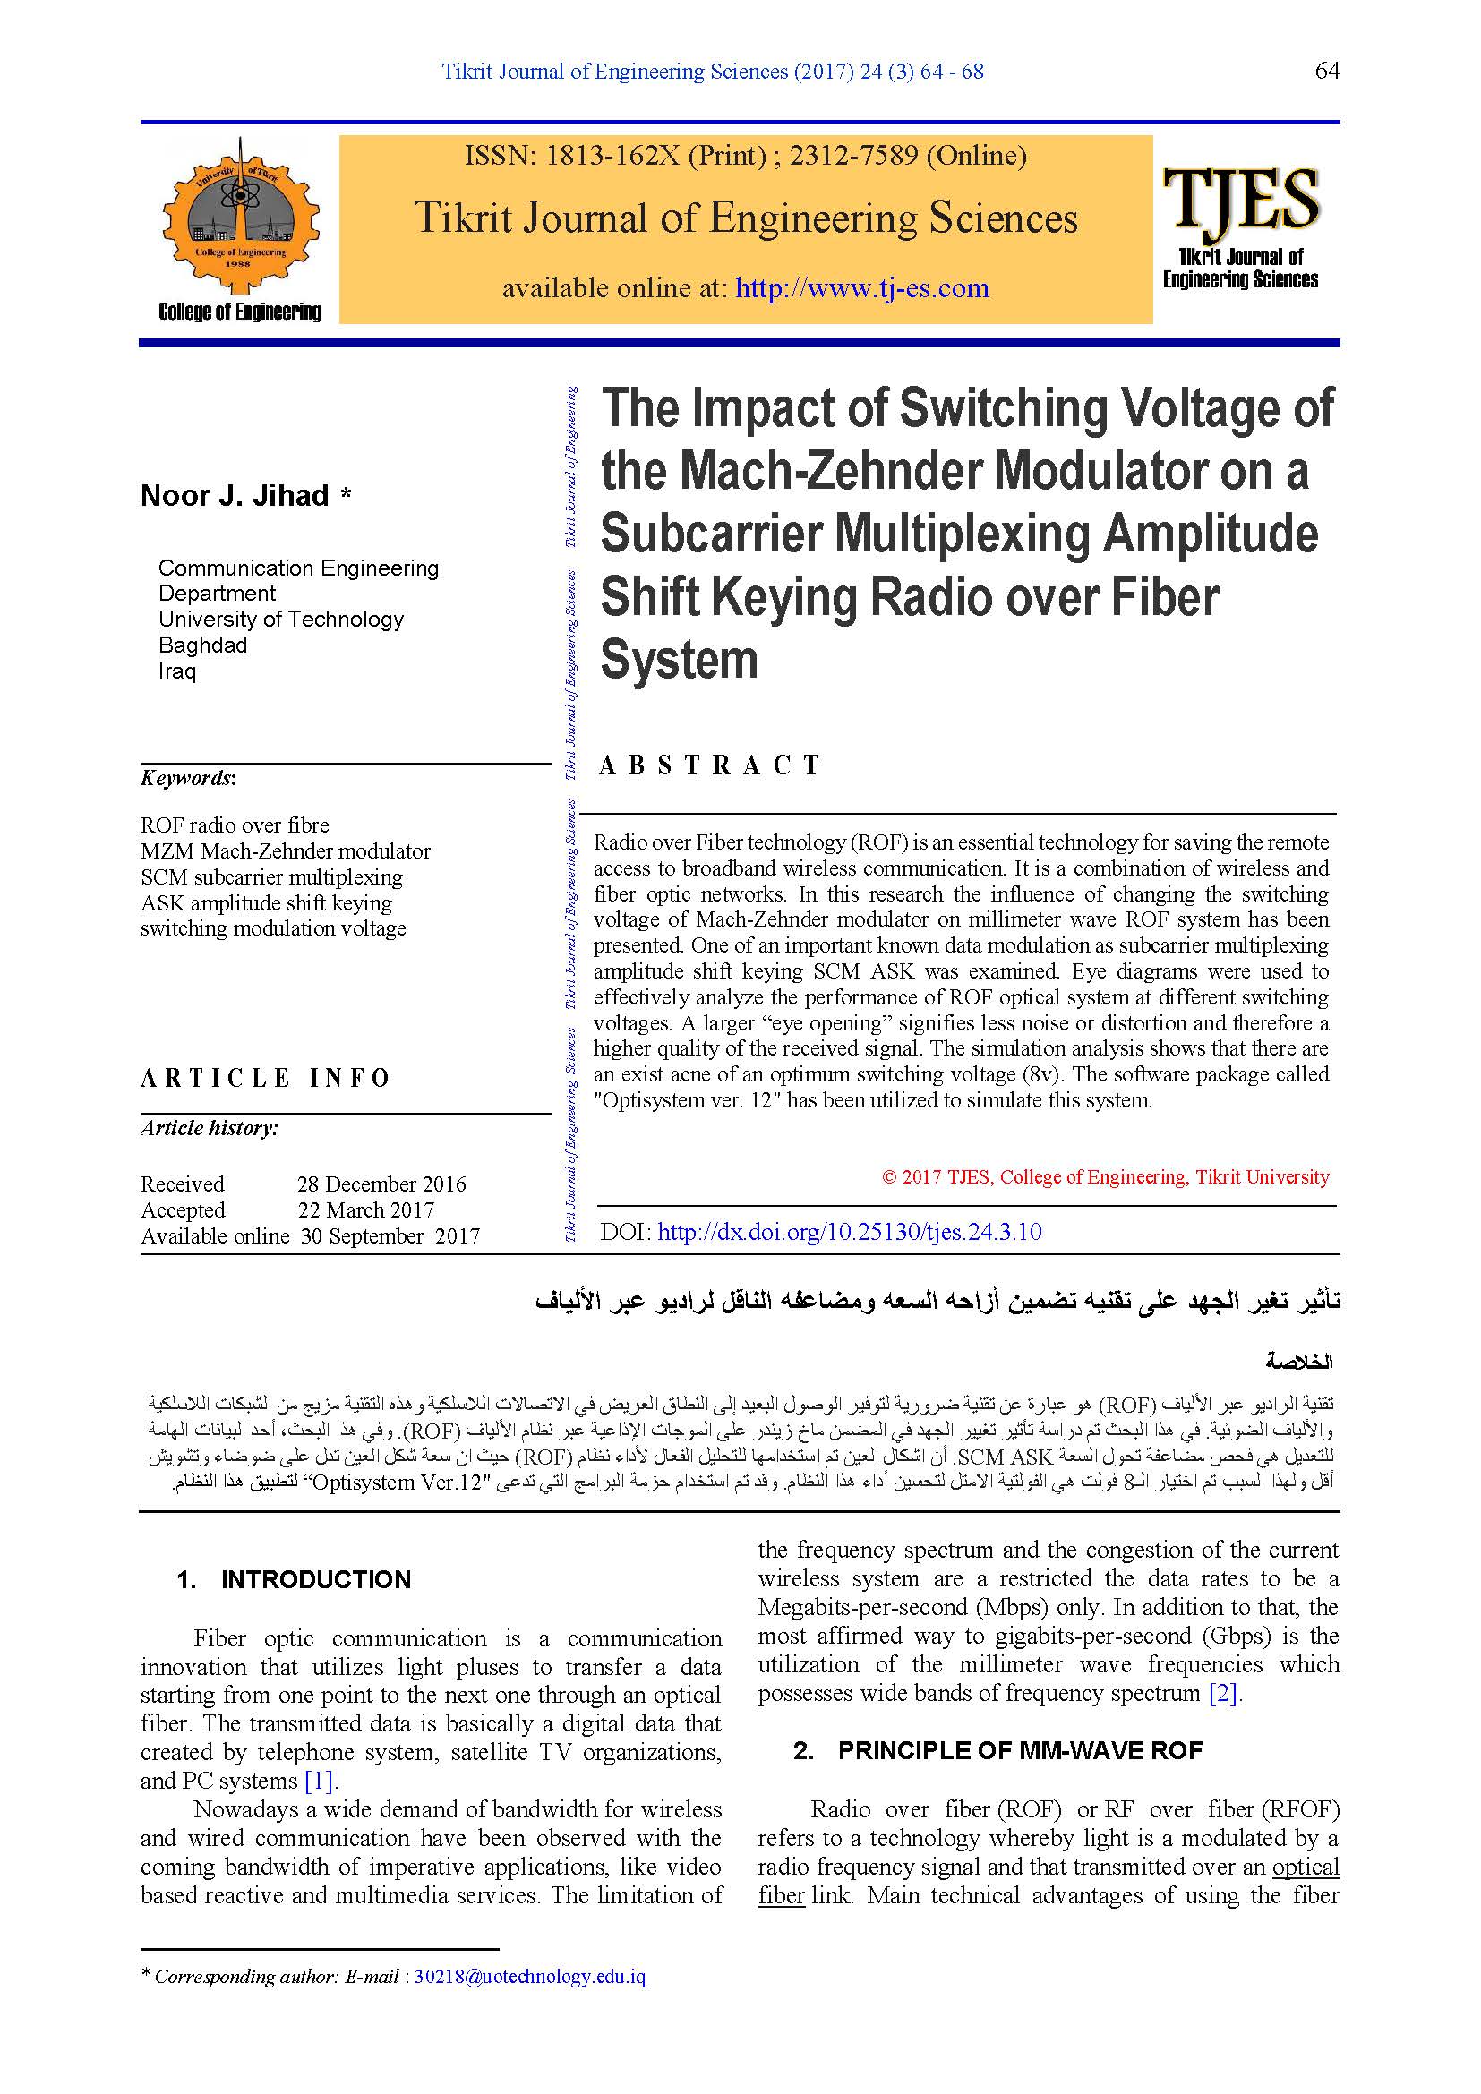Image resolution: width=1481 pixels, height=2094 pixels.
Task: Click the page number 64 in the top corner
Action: [1326, 71]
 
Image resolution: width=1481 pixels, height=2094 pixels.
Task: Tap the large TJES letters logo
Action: [1240, 198]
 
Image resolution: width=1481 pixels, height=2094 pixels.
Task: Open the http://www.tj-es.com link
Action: [861, 288]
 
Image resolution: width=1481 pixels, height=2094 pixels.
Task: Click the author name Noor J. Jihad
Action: [235, 496]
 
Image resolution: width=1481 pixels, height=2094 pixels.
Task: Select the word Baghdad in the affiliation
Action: [202, 645]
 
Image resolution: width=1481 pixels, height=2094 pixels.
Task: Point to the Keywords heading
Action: [188, 778]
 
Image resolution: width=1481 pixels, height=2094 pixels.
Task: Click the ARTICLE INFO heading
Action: [265, 1078]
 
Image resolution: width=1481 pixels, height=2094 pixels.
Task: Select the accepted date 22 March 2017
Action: [365, 1209]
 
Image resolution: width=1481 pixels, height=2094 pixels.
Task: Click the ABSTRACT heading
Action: [709, 765]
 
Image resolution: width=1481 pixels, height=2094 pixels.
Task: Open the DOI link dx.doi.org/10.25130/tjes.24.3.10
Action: [849, 1232]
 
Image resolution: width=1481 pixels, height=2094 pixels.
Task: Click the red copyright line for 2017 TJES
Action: [1105, 1176]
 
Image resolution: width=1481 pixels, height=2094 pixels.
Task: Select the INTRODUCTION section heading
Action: [315, 1579]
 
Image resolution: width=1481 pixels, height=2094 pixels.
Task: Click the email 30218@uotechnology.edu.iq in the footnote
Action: [530, 1977]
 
